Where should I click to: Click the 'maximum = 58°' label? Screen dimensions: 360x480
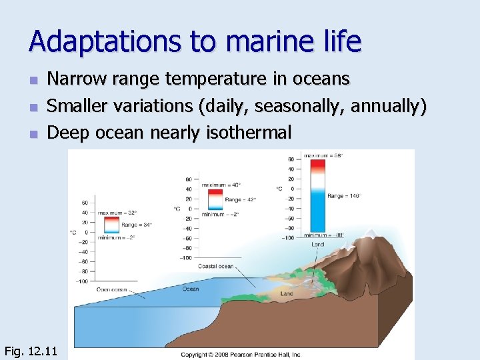(323, 155)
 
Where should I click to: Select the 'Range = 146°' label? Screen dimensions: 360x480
(344, 196)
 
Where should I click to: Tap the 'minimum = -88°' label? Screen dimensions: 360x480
(325, 235)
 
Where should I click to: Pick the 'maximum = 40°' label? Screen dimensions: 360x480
(222, 185)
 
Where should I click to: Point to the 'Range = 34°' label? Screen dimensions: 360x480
(137, 225)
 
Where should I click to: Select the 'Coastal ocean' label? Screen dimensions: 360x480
(215, 266)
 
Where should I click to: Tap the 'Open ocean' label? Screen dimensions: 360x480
(111, 289)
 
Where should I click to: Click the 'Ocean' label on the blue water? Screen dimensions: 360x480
(191, 289)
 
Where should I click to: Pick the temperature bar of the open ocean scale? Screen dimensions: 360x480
(111, 225)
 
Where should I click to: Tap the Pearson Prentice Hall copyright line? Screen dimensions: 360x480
(241, 354)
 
